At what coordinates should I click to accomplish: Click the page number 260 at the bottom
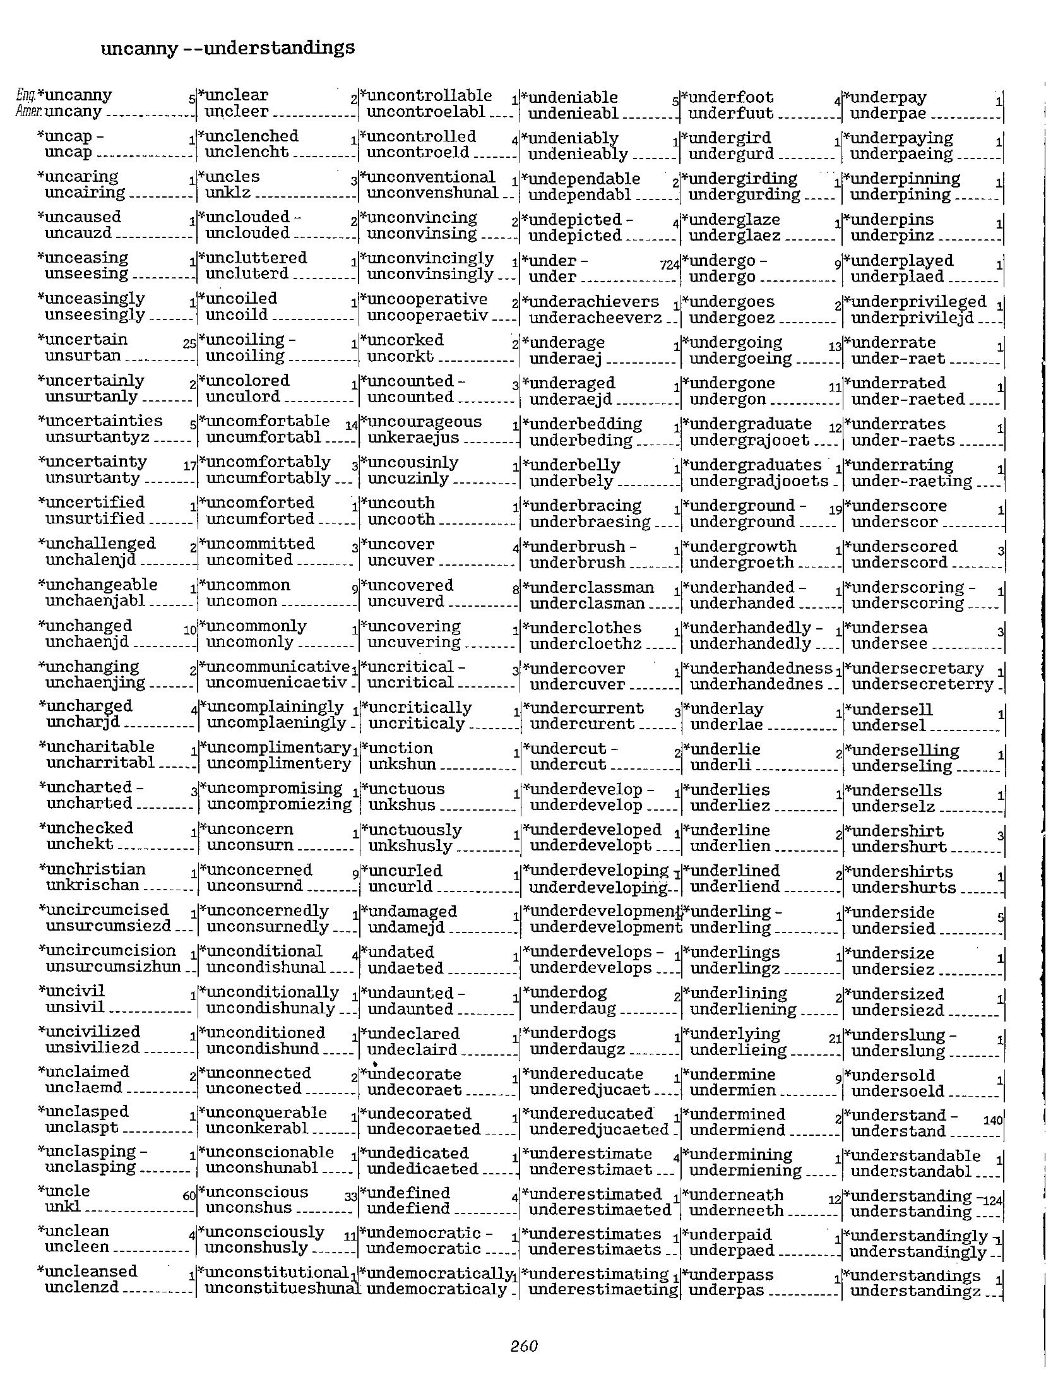pos(523,1345)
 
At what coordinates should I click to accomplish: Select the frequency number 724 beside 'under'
pos(669,266)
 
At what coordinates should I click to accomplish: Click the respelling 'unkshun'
pos(402,764)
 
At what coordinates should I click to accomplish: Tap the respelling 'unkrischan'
pos(92,885)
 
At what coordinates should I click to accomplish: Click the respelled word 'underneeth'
pos(736,1210)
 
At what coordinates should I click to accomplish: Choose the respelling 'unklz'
pos(228,193)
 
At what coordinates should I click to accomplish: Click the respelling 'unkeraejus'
pos(413,438)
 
